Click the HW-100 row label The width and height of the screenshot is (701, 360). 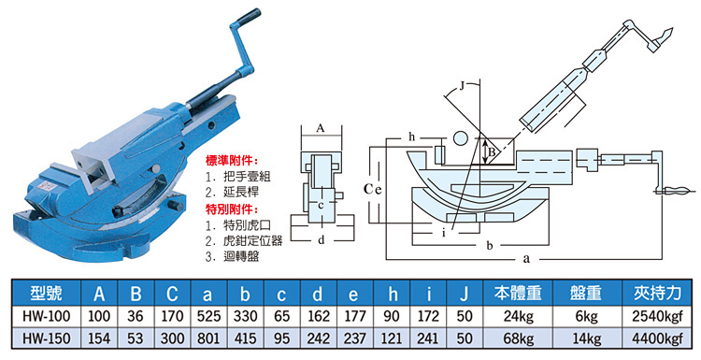pyautogui.click(x=46, y=316)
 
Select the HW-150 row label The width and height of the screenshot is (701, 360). pyautogui.click(x=46, y=338)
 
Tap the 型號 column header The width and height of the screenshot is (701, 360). pyautogui.click(x=46, y=294)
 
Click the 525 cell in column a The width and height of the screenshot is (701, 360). pyautogui.click(x=208, y=316)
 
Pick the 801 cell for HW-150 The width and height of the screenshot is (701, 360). pyautogui.click(x=208, y=338)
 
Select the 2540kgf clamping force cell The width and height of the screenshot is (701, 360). pyautogui.click(x=657, y=316)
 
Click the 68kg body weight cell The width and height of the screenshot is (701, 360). pyautogui.click(x=519, y=338)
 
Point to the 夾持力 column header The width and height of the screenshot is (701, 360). pyautogui.click(x=657, y=294)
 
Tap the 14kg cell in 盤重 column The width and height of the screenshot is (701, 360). pyautogui.click(x=587, y=338)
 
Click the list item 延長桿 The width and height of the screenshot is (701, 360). pyautogui.click(x=241, y=193)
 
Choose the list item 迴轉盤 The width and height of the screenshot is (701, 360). pyautogui.click(x=241, y=257)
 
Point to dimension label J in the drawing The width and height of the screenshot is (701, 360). pyautogui.click(x=464, y=86)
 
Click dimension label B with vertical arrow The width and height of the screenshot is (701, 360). pyautogui.click(x=492, y=152)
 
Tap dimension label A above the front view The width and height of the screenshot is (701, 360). pyautogui.click(x=320, y=129)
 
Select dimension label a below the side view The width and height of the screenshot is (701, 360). pyautogui.click(x=526, y=259)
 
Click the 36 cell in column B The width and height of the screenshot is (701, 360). pyautogui.click(x=135, y=316)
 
